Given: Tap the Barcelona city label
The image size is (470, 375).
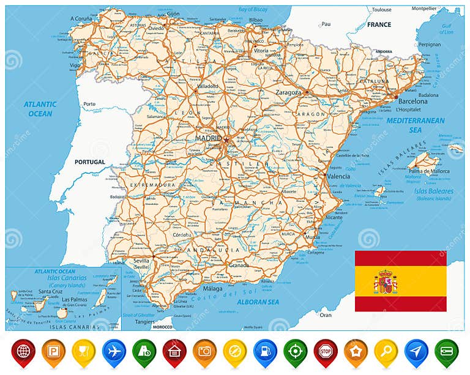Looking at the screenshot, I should point(413,101).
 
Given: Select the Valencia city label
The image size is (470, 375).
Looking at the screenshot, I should point(338,176).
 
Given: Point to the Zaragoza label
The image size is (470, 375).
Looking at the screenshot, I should point(289,92).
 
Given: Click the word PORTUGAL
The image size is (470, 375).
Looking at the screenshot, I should point(90,162).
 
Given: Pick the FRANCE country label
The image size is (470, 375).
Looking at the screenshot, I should point(379,24).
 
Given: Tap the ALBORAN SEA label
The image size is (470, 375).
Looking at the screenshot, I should point(258,302).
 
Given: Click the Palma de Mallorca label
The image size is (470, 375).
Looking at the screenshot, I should point(430,171).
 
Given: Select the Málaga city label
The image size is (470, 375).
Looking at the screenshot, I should point(213,288).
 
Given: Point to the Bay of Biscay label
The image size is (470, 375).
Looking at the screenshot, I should point(253,9).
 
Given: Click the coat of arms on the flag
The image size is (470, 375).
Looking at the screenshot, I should point(386,281).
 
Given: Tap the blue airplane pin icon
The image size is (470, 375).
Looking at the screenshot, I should point(114,352).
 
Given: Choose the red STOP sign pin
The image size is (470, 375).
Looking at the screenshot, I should point(326,352).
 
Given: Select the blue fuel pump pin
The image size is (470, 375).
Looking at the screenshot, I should point(265,352).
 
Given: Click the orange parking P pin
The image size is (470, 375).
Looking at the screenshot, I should point(54,352).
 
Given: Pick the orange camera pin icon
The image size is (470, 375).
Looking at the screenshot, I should point(205,352).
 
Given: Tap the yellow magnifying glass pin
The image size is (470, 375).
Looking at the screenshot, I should point(386,352).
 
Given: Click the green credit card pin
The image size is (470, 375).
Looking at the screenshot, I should point(446,352).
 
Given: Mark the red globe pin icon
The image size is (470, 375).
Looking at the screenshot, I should point(23,352).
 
